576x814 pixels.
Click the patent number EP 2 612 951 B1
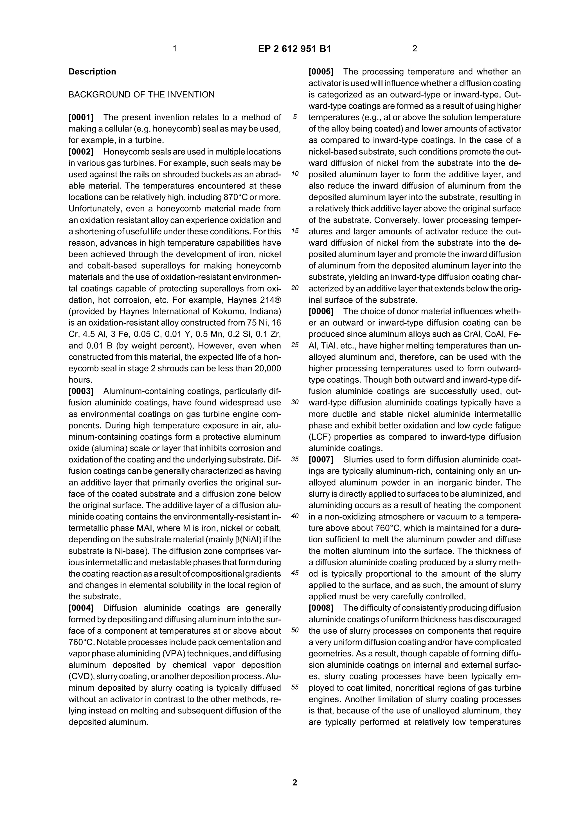[294, 49]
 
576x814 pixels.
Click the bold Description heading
[92, 72]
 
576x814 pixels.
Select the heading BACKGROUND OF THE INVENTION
[141, 95]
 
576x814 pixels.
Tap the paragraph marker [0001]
[81, 117]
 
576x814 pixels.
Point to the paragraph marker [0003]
[81, 391]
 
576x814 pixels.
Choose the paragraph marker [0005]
[321, 72]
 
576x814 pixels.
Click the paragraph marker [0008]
[321, 608]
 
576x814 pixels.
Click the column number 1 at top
[175, 49]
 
